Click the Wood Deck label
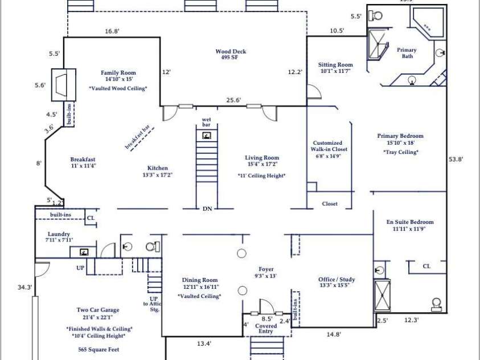pos(231,52)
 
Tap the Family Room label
pos(118,73)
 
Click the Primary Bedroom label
pos(400,136)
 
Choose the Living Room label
pos(262,158)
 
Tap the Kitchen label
pos(158,168)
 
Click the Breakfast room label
pos(83,159)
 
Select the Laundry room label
pos(59,234)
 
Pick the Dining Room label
pos(200,280)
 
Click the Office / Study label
pos(337,280)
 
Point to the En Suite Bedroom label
pos(410,222)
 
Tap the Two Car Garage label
pos(98,310)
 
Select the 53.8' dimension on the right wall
pos(456,159)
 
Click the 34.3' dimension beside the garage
pos(25,288)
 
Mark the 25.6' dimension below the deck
pos(233,100)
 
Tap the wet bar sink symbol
pos(207,136)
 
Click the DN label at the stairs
pos(207,209)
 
